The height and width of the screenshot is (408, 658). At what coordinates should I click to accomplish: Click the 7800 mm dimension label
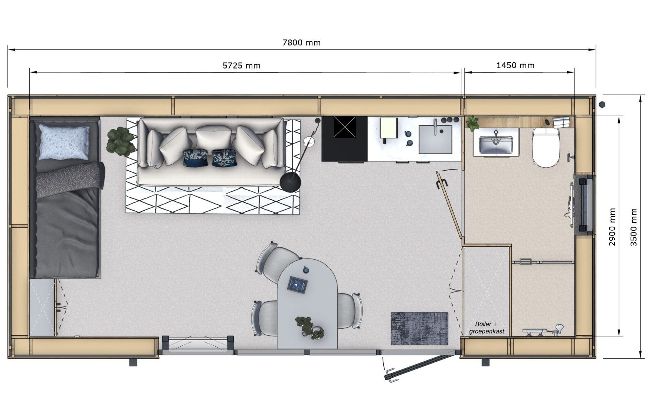301,43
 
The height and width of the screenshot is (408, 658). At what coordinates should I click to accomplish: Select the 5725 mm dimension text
241,66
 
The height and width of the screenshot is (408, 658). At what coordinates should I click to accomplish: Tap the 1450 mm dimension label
515,65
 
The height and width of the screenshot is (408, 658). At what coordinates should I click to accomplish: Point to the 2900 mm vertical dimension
612,227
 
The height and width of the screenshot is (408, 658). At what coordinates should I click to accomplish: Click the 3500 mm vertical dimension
634,227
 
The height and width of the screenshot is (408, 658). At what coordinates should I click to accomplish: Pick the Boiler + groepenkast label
487,328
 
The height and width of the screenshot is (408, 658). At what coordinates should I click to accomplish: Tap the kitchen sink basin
435,139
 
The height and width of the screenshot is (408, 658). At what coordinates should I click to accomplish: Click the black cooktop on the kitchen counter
345,139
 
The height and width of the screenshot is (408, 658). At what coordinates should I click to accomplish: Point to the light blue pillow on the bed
64,142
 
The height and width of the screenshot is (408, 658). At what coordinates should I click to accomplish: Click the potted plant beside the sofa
121,141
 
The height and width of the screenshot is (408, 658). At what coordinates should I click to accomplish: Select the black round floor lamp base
290,182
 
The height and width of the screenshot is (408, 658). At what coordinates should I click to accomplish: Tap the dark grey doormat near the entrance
419,328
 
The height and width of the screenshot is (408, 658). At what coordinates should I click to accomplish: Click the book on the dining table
298,285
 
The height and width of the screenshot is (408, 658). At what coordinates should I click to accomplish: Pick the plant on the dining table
309,327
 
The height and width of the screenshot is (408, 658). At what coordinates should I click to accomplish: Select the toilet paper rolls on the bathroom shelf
561,122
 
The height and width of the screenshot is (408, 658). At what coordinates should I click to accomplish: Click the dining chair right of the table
350,310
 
